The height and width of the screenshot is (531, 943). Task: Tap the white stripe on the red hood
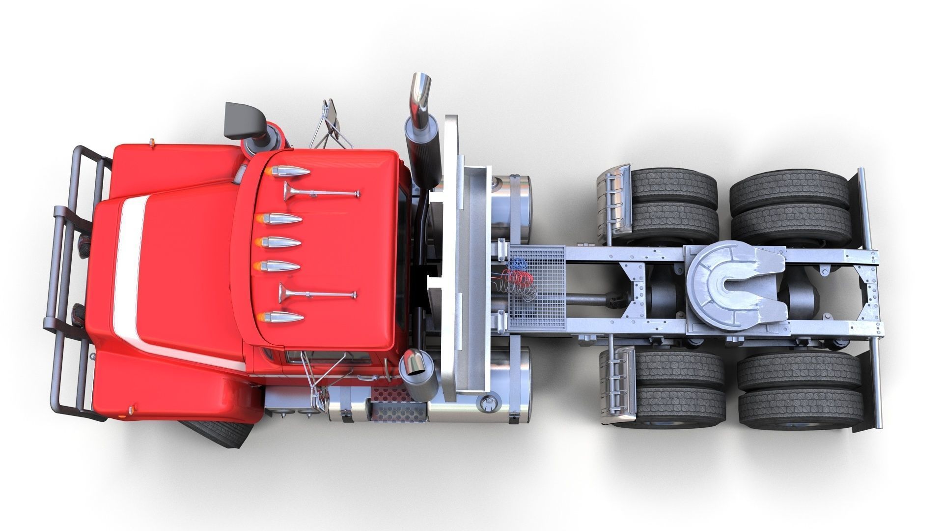(x=129, y=270)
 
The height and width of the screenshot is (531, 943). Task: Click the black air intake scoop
(x=242, y=120)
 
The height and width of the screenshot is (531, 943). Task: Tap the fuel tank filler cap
(x=488, y=404)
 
